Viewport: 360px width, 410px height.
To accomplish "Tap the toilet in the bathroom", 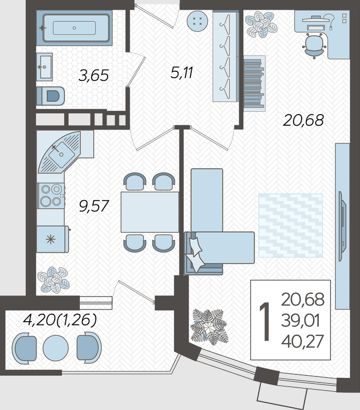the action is [50, 96].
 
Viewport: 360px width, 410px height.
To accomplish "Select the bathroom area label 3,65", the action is [93, 75].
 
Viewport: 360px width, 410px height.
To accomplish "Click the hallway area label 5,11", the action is [182, 72].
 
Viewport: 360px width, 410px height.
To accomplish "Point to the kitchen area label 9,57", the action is [94, 206].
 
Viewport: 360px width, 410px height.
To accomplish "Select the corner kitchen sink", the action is [61, 153].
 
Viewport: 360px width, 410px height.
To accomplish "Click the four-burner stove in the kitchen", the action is [51, 195].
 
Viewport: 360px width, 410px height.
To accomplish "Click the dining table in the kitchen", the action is [149, 212].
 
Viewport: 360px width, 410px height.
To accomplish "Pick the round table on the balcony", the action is [56, 348].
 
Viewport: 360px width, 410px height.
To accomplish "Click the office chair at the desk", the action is [314, 46].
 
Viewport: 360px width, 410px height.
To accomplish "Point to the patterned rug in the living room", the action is [290, 225].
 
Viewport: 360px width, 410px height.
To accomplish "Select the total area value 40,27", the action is [303, 341].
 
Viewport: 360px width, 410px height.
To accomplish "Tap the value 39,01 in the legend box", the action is [301, 321].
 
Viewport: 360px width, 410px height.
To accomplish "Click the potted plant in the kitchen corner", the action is [54, 279].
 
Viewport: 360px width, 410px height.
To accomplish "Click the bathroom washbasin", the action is [44, 67].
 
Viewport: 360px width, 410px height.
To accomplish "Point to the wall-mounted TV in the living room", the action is [342, 226].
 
